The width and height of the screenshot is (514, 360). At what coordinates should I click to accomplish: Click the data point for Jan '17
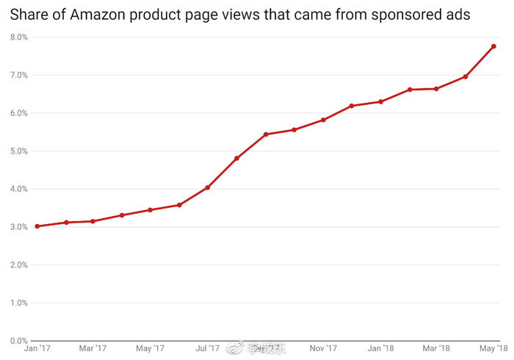click(37, 226)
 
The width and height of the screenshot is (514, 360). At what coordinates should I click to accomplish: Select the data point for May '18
click(493, 46)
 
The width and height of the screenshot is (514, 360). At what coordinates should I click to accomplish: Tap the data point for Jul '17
click(208, 187)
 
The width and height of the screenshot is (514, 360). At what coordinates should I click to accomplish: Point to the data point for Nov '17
click(323, 120)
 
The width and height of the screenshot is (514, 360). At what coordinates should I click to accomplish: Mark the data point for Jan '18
click(380, 101)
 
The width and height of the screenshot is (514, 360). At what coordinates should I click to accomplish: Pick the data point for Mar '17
click(93, 221)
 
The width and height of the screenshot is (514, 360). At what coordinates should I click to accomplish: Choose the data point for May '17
click(150, 210)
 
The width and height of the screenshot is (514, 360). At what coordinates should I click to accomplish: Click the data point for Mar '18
click(436, 89)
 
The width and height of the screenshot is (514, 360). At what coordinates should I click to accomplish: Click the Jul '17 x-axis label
click(208, 348)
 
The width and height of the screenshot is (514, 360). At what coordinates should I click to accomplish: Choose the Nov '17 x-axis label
click(323, 348)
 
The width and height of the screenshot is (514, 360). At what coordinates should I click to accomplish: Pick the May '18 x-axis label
click(493, 348)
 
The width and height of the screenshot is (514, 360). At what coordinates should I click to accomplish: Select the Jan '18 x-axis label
click(380, 348)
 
